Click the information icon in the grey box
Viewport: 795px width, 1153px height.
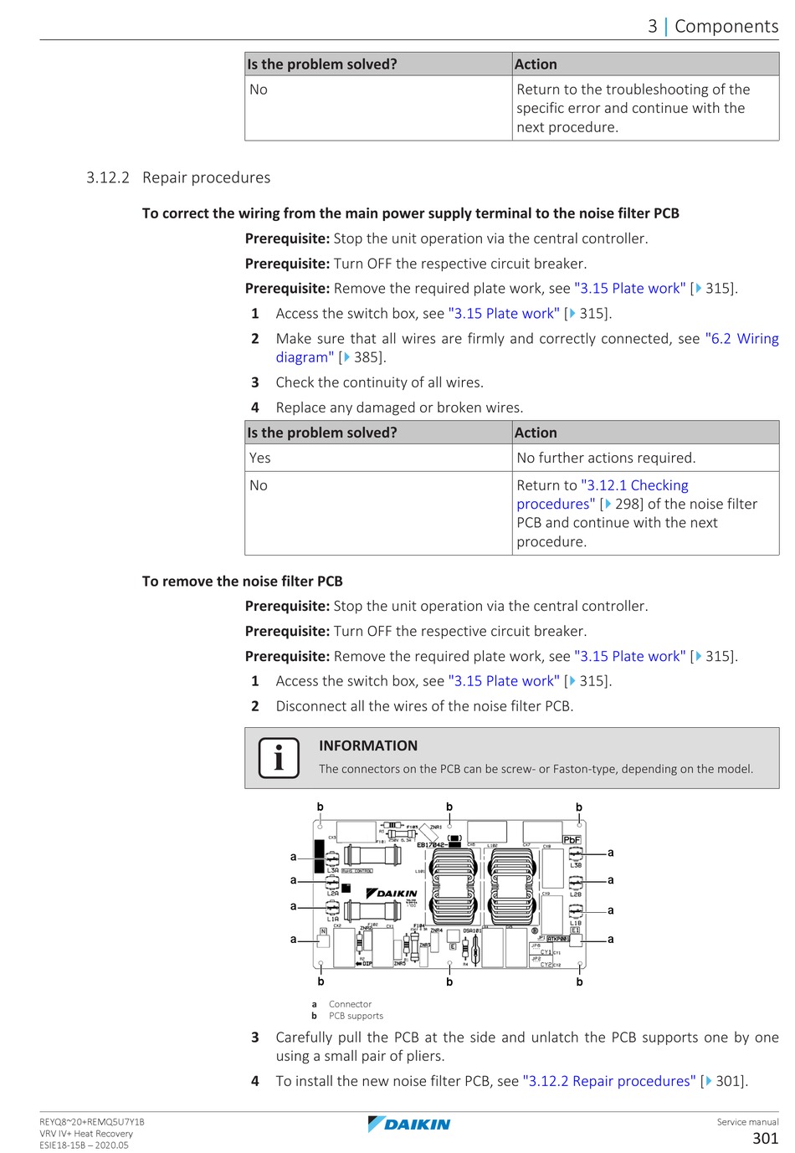[x=279, y=758]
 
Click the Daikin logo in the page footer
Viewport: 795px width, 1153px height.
[x=409, y=1124]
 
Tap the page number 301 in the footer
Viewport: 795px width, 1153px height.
[x=765, y=1138]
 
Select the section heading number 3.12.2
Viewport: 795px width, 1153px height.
[x=108, y=177]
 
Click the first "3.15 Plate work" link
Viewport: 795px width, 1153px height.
[x=629, y=288]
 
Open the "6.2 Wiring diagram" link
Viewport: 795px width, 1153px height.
[x=527, y=348]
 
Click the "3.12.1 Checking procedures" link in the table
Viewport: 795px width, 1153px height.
[x=603, y=495]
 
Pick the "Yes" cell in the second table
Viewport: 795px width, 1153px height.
[x=260, y=458]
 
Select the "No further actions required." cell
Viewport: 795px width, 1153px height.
[x=606, y=458]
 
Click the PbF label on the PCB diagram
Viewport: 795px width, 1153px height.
[x=572, y=839]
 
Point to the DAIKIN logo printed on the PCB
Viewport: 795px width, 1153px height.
[x=392, y=893]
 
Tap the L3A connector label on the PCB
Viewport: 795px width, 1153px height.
[x=333, y=870]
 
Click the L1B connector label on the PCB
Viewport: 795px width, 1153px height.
[x=576, y=923]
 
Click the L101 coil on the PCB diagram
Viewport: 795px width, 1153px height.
[x=453, y=892]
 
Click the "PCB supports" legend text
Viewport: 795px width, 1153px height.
[x=356, y=1016]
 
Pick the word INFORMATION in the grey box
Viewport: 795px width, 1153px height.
[x=368, y=746]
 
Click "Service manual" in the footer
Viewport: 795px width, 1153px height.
[x=747, y=1122]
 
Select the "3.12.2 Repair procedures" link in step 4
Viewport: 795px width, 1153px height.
[x=609, y=1081]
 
